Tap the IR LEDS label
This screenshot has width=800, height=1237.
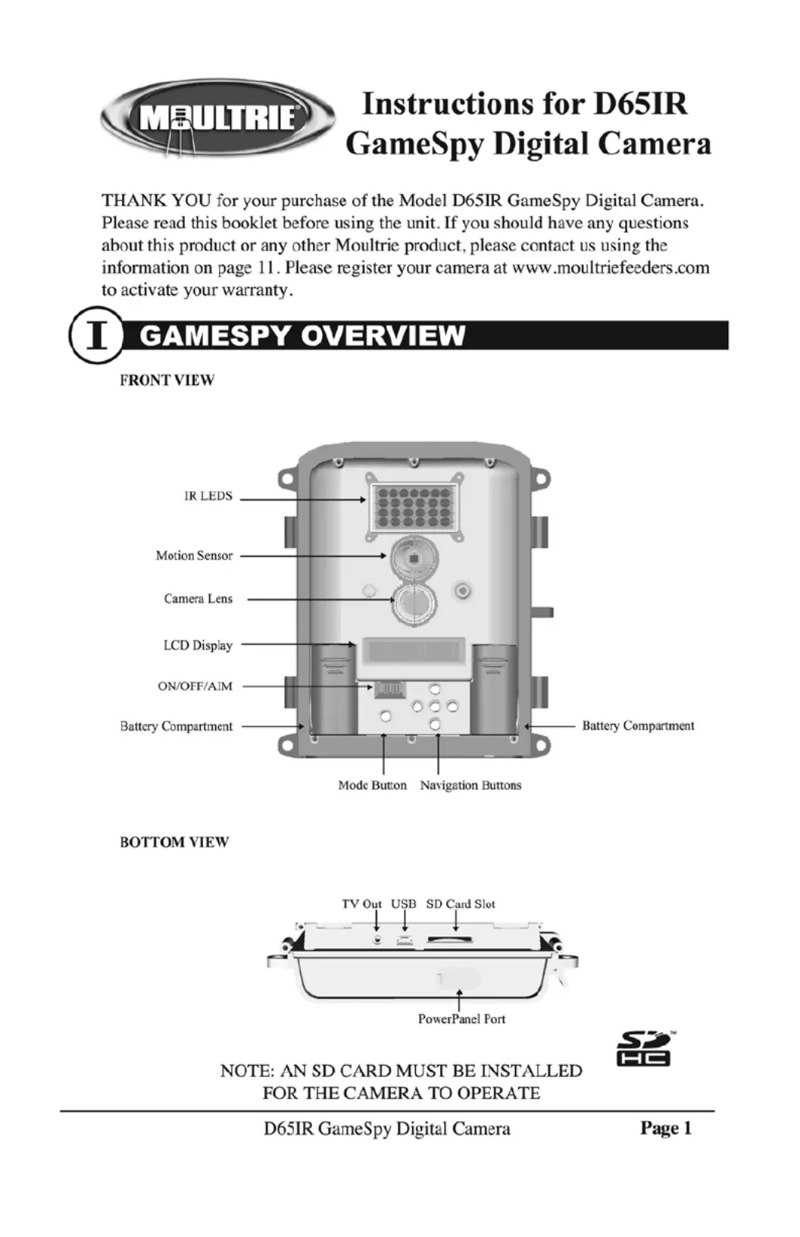point(208,496)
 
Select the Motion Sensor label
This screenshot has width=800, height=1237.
point(194,556)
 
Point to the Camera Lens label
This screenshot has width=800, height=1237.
point(198,599)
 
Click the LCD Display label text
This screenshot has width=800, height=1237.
point(198,645)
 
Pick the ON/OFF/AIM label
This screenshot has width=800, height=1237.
point(195,686)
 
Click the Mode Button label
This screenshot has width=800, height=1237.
point(372,785)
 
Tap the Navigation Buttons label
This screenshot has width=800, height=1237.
point(470,785)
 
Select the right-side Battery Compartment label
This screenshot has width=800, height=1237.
point(638,726)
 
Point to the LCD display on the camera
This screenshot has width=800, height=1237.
point(413,651)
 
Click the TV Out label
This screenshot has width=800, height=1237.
point(361,903)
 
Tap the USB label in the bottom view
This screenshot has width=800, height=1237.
point(404,903)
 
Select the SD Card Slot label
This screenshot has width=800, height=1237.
point(461,903)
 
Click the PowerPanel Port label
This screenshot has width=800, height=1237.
point(461,1019)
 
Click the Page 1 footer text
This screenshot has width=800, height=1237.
point(666,1128)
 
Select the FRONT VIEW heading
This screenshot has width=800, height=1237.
point(167,380)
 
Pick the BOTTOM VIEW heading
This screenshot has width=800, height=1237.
point(174,842)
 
